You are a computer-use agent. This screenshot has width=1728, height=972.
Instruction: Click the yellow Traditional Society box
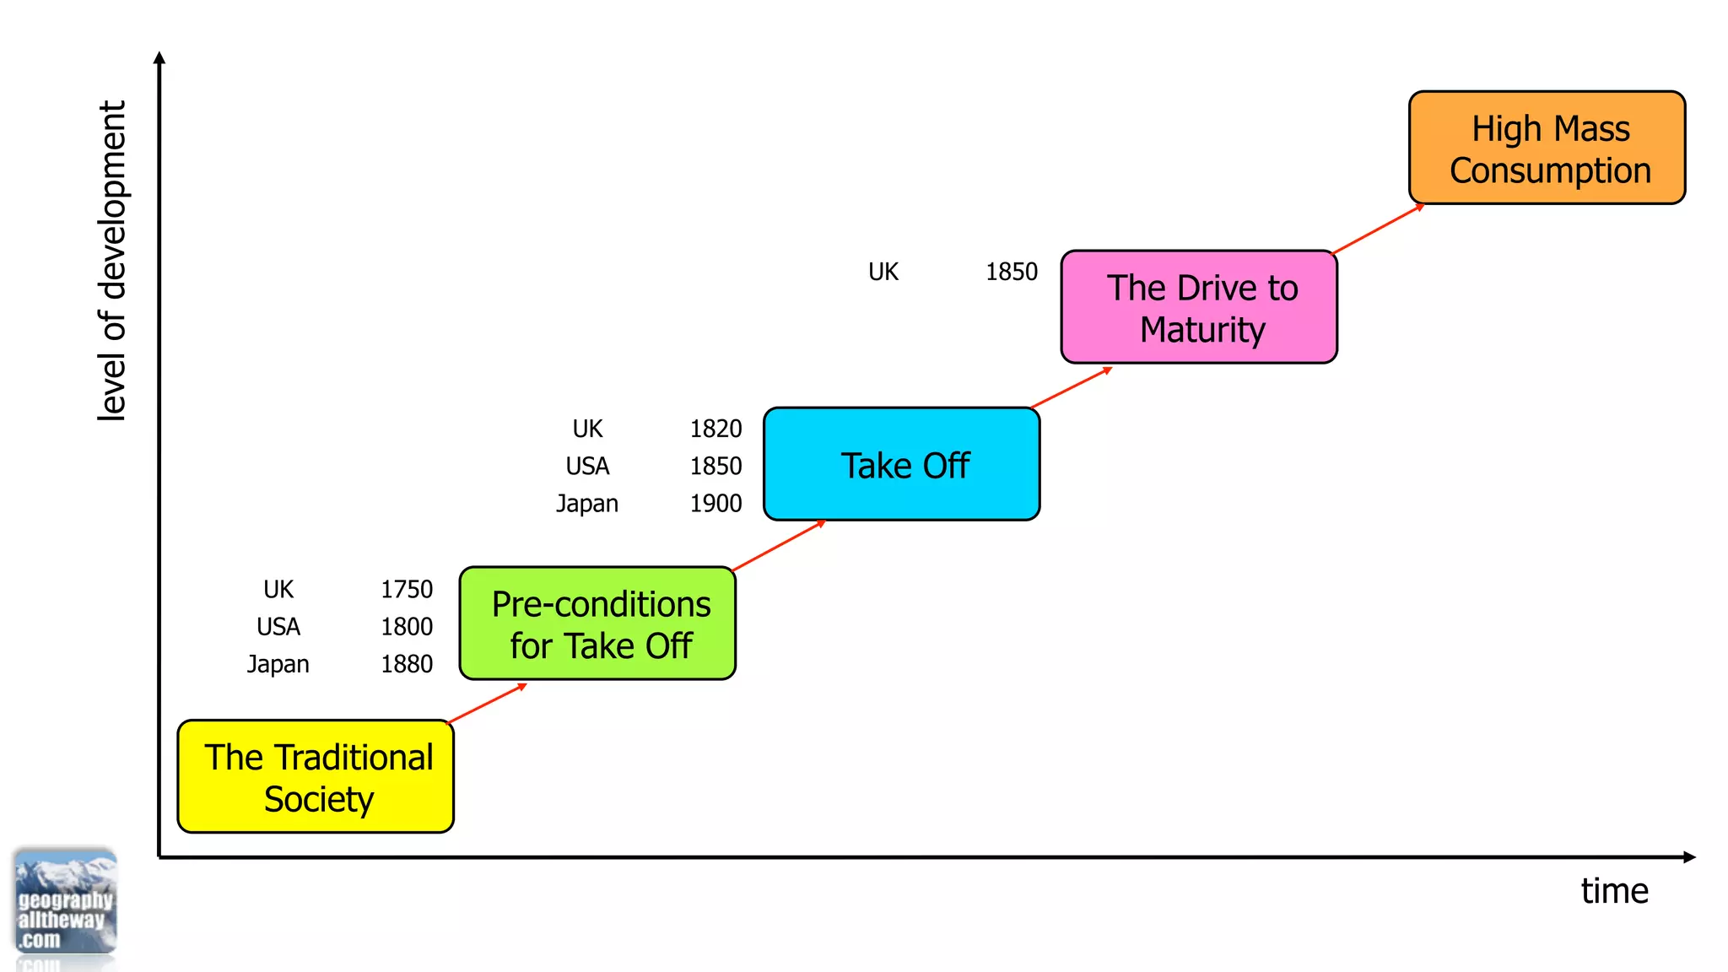point(316,776)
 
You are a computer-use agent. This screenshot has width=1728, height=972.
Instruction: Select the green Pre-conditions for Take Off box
point(597,624)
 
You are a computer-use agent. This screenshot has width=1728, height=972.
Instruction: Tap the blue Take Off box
point(901,464)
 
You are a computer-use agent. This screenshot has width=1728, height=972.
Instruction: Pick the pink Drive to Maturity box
point(1199,307)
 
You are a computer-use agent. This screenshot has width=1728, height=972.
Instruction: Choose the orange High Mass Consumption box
point(1547,148)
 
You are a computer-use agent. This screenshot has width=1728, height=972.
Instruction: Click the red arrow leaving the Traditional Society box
point(487,704)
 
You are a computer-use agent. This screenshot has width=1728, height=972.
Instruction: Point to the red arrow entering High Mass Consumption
point(1378,229)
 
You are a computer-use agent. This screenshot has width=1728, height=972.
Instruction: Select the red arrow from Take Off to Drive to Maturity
point(1072,387)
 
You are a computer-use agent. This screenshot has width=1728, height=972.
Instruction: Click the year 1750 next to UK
point(407,589)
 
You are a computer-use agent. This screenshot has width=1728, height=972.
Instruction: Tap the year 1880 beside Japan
point(407,664)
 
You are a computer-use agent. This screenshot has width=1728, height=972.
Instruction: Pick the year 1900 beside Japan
point(715,504)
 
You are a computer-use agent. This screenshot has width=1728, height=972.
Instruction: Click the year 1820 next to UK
point(715,429)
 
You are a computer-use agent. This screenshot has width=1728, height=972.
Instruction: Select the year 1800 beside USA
point(407,627)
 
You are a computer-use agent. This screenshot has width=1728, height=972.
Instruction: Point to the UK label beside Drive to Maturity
point(883,272)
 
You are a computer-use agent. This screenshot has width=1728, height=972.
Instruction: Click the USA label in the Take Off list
point(587,466)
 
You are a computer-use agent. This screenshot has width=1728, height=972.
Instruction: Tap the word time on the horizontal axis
point(1614,891)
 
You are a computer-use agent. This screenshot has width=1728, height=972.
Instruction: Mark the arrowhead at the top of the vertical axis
point(159,57)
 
